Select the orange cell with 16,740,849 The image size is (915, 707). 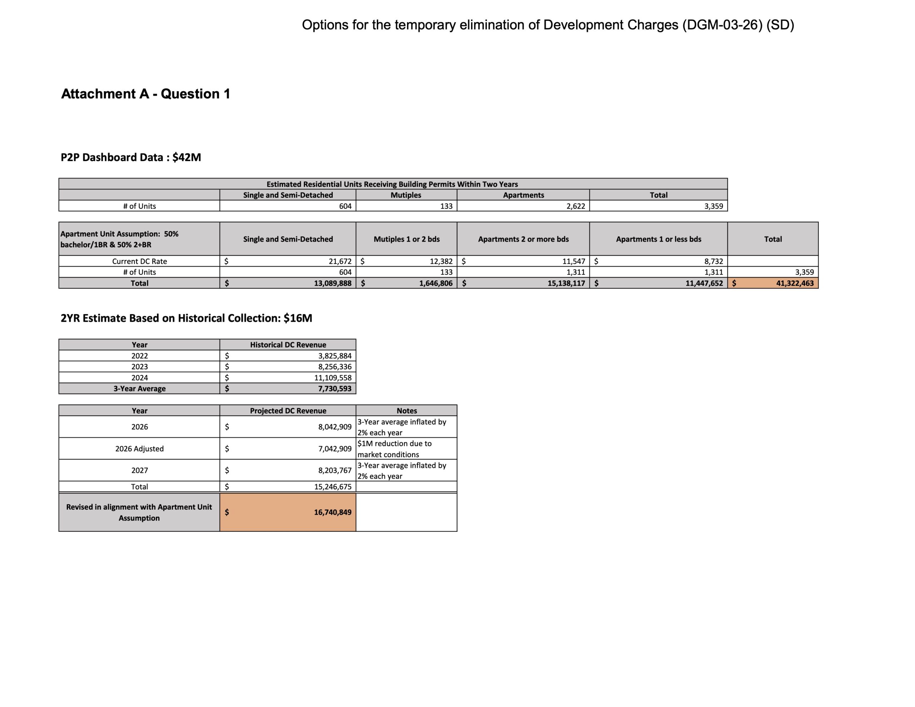332,512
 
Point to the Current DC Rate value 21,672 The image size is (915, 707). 340,261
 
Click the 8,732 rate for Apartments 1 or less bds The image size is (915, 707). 713,261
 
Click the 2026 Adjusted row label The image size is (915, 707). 139,449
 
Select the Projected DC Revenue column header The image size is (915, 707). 288,411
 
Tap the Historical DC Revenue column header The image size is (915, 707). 288,345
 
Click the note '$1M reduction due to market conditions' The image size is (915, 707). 395,449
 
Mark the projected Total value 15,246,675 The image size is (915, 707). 333,486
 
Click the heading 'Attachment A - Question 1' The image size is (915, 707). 146,94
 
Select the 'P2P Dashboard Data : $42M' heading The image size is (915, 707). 131,158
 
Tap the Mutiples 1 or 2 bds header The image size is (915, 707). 406,239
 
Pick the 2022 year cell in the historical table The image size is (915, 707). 139,356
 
